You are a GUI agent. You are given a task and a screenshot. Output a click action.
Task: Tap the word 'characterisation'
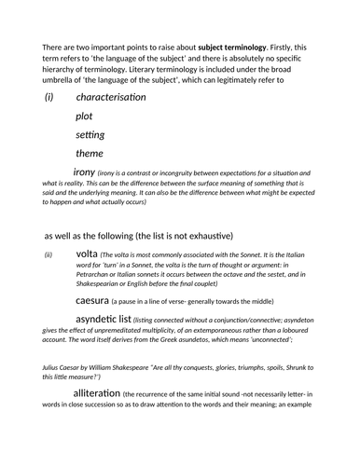(x=111, y=97)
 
